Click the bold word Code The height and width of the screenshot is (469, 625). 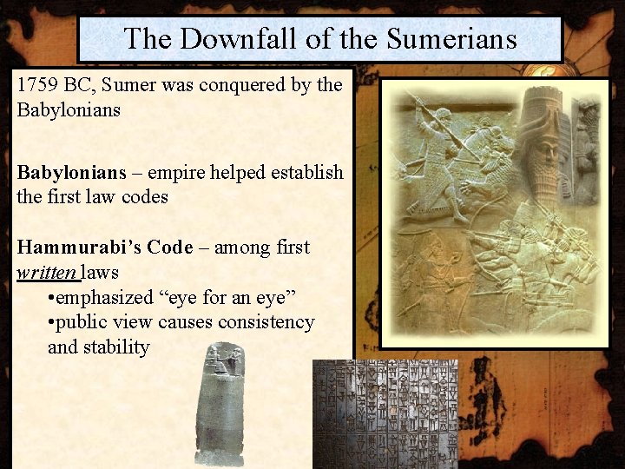[x=170, y=248]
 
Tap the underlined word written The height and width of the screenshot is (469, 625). [x=47, y=273]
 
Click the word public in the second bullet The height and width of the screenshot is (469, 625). [x=85, y=322]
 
